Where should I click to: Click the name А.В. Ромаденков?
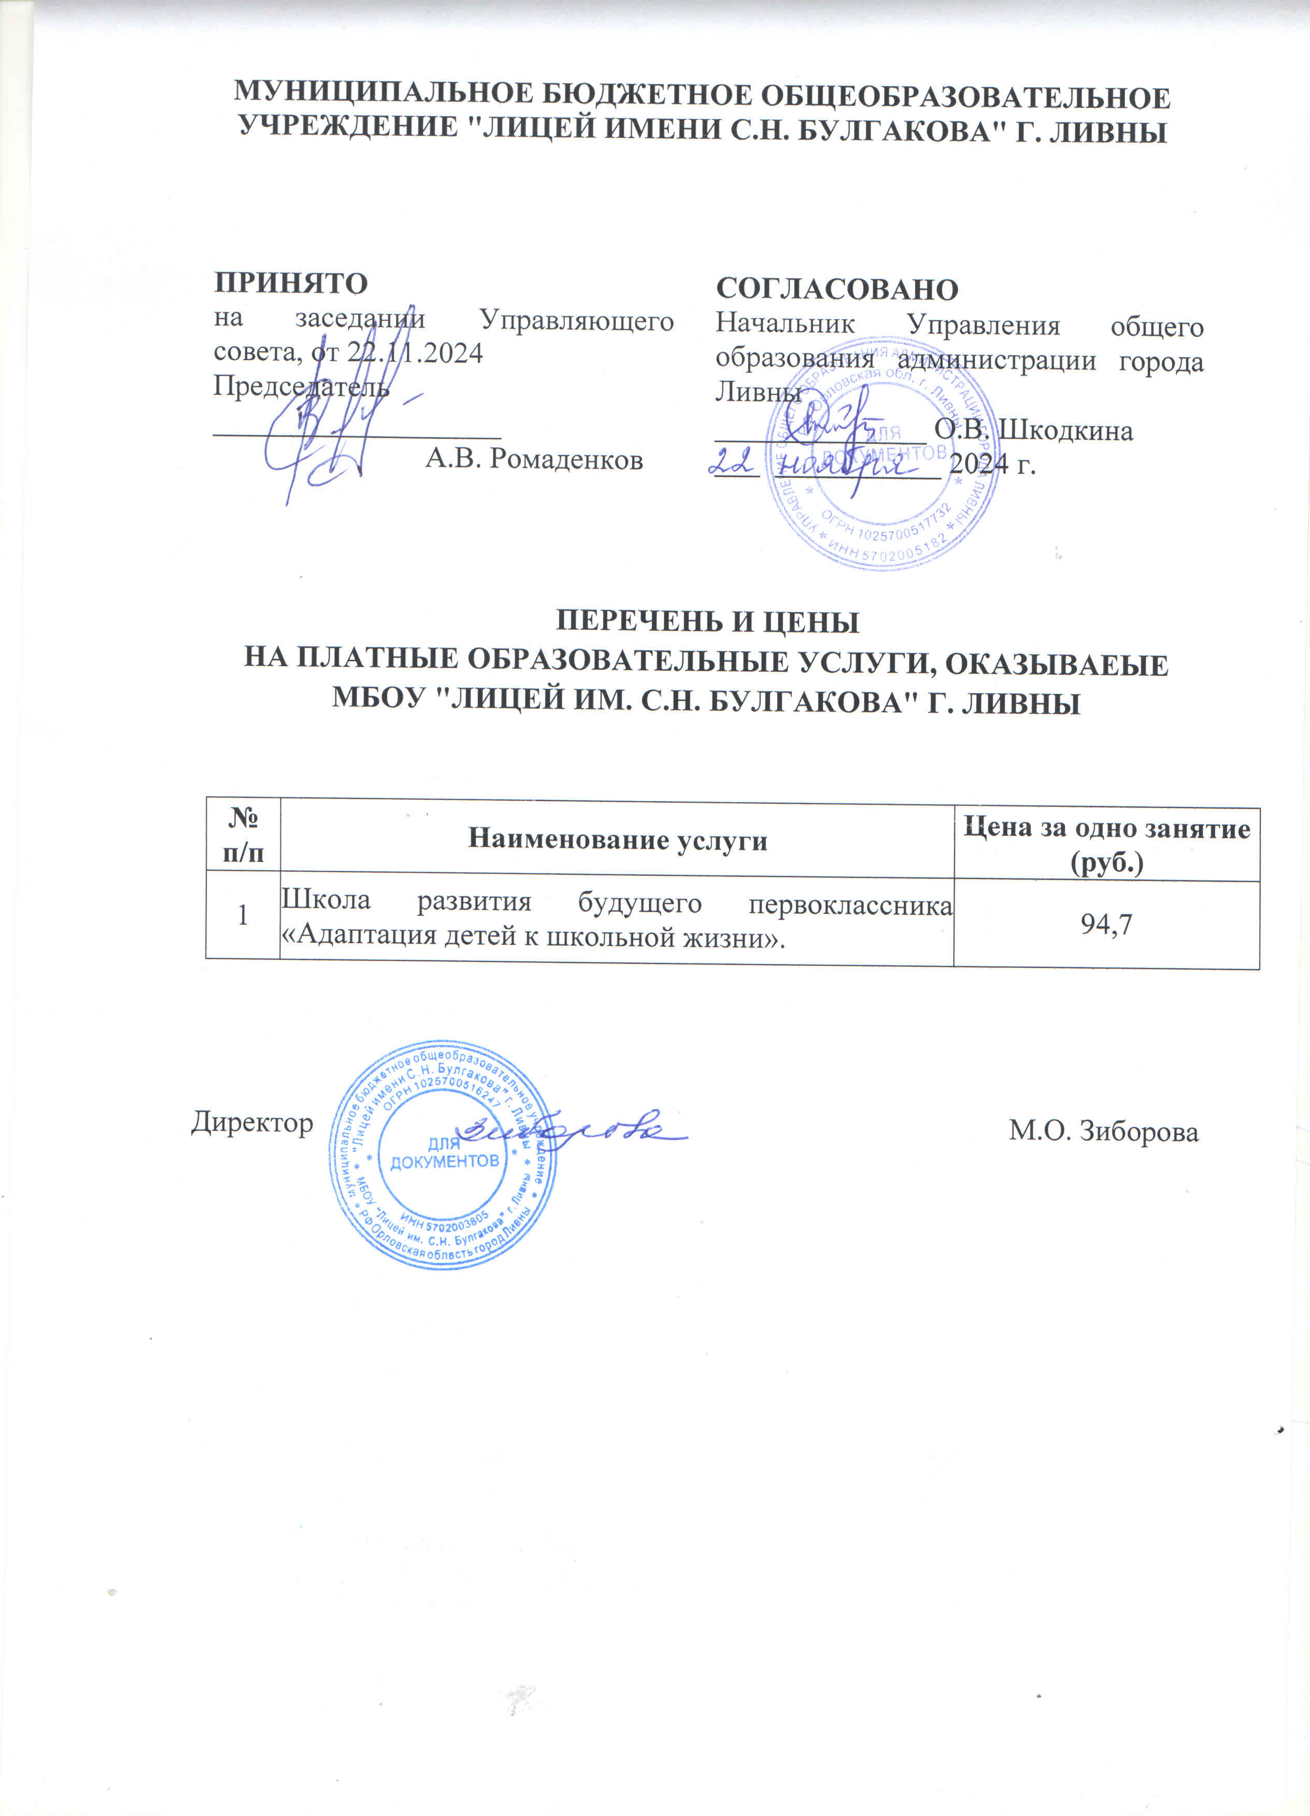[534, 459]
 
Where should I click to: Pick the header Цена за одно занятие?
[1107, 829]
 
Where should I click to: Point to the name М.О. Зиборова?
[1103, 1131]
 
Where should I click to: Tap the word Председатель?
[301, 388]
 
